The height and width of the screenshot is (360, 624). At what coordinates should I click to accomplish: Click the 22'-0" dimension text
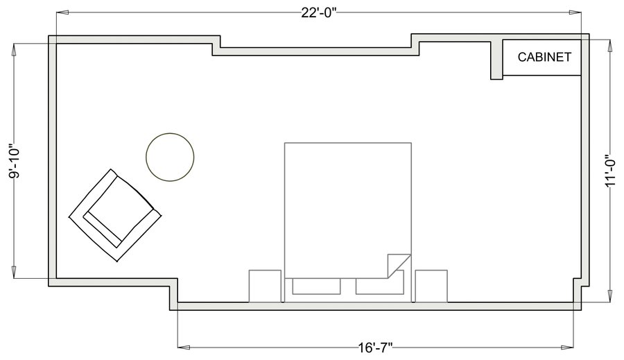tap(319, 12)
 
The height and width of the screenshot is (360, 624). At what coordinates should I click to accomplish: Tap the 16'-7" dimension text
tap(375, 348)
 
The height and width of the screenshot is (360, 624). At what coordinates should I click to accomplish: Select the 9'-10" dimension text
tap(15, 162)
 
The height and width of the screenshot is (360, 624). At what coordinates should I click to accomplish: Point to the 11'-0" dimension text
tap(610, 171)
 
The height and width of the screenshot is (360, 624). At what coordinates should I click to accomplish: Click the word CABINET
tap(544, 58)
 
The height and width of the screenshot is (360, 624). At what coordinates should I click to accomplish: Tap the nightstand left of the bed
tap(265, 286)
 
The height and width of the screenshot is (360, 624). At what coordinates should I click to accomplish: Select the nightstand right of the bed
tap(431, 286)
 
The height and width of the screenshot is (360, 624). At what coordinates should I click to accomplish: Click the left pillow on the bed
tap(316, 286)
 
